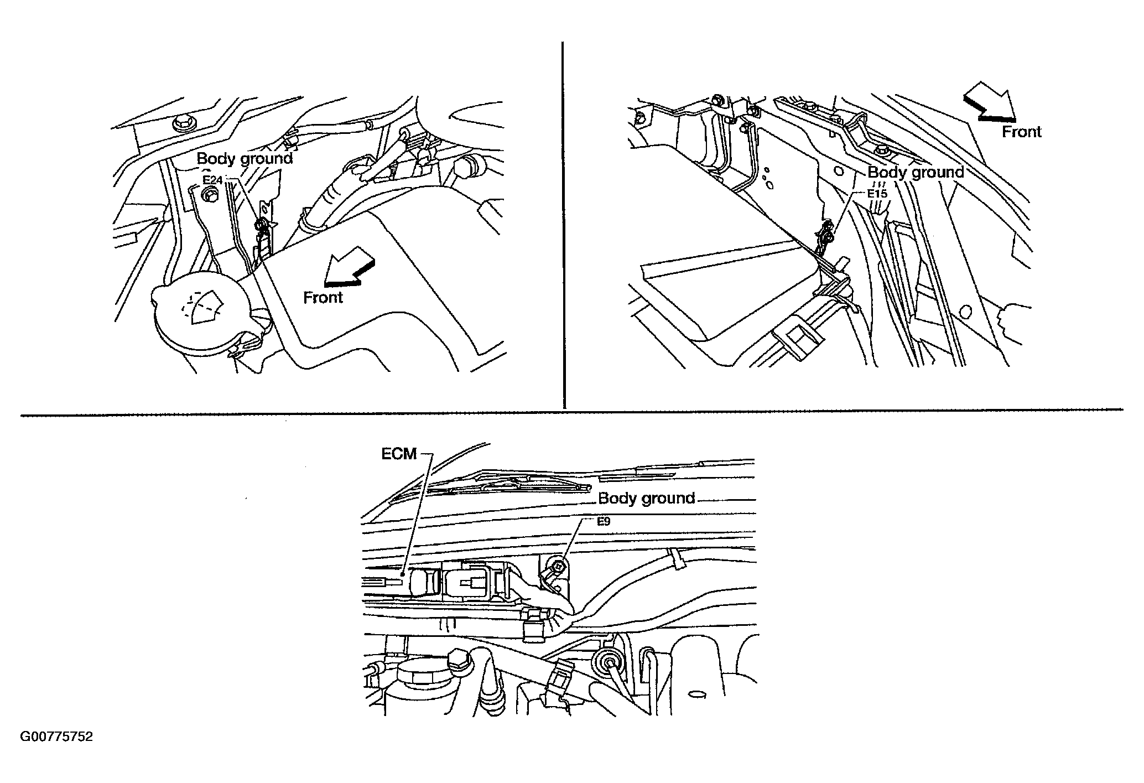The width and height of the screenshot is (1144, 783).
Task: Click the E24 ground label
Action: click(212, 180)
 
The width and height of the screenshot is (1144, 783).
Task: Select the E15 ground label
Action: click(877, 194)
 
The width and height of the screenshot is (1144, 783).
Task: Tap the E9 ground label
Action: click(604, 521)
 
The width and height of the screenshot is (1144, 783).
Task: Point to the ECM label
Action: click(399, 454)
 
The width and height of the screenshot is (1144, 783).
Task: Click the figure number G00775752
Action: click(56, 737)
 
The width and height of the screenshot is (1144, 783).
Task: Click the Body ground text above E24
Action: click(245, 159)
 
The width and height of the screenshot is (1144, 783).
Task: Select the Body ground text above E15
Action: click(916, 173)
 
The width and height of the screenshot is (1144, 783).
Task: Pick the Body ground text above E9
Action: click(647, 499)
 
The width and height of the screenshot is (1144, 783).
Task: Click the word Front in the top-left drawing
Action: click(323, 297)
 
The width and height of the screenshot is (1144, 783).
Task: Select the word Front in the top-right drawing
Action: click(1022, 132)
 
